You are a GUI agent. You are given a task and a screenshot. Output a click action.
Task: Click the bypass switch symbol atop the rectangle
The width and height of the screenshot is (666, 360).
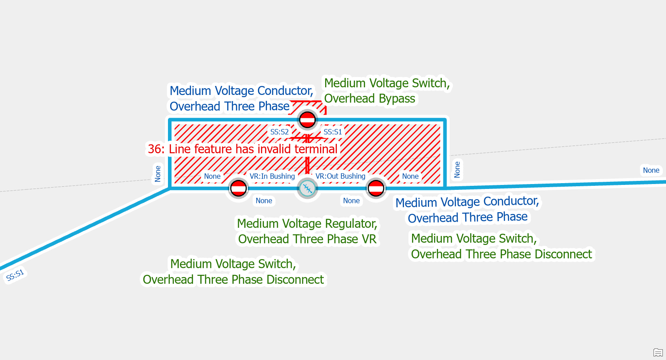pyautogui.click(x=307, y=120)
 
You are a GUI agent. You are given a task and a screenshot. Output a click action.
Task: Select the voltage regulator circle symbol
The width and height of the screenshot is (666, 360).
pyautogui.click(x=307, y=189)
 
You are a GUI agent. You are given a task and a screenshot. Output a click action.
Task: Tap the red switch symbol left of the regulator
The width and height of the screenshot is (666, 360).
pyautogui.click(x=238, y=189)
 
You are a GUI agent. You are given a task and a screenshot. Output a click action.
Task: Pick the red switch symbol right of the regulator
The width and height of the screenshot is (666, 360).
pyautogui.click(x=376, y=189)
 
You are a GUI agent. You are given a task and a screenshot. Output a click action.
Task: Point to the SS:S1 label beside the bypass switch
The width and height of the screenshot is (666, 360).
pyautogui.click(x=333, y=132)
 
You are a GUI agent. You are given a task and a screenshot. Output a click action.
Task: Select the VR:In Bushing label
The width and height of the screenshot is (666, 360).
pyautogui.click(x=272, y=176)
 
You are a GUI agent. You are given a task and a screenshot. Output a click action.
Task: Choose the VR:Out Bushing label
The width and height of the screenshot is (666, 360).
pyautogui.click(x=340, y=176)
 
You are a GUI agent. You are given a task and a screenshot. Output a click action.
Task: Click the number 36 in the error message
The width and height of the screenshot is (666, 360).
pyautogui.click(x=154, y=149)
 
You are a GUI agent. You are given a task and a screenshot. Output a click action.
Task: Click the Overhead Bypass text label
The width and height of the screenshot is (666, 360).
pyautogui.click(x=370, y=99)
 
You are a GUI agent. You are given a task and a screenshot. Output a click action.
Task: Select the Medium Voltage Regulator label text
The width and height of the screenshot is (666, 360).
pyautogui.click(x=307, y=223)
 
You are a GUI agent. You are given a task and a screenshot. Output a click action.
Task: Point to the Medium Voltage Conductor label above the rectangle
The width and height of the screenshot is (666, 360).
pyautogui.click(x=241, y=91)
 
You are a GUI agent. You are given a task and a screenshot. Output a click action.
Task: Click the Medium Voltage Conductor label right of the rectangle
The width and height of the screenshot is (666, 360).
pyautogui.click(x=467, y=202)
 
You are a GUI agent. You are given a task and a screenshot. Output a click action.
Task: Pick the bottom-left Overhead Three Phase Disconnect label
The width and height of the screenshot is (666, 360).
pyautogui.click(x=233, y=279)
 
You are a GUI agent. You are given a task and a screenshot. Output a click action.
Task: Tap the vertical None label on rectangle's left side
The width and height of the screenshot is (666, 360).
pyautogui.click(x=158, y=174)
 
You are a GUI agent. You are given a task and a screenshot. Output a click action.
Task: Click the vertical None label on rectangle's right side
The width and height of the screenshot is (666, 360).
pyautogui.click(x=457, y=169)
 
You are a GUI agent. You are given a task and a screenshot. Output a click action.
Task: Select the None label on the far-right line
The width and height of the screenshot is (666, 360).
pyautogui.click(x=651, y=170)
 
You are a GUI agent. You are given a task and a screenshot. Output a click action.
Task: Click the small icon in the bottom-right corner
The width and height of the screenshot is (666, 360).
pyautogui.click(x=658, y=352)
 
